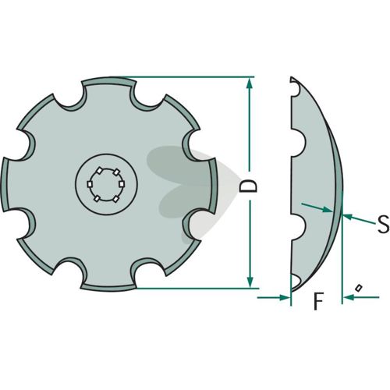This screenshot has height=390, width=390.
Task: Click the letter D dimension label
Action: [x=248, y=186]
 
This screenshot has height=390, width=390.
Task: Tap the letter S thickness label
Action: [x=383, y=224]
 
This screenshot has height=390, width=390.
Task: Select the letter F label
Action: [x=318, y=301]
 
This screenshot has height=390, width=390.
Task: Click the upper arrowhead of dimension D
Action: [x=250, y=83]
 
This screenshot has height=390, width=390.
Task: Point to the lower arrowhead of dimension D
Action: [x=250, y=282]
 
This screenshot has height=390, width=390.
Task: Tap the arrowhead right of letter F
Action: [x=349, y=297]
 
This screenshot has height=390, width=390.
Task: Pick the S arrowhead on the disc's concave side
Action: [x=328, y=210]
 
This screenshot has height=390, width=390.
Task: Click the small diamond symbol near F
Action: [x=359, y=288]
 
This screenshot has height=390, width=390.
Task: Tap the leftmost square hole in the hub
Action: [x=90, y=184]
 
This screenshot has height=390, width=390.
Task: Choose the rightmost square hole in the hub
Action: [x=122, y=184]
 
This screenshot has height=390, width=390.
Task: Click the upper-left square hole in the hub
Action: [x=99, y=171]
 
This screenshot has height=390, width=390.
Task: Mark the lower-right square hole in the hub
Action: [x=115, y=199]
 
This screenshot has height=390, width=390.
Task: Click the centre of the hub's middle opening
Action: [x=106, y=185]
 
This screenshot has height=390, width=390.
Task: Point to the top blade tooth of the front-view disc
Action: [x=109, y=81]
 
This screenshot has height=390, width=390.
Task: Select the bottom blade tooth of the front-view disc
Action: [x=108, y=287]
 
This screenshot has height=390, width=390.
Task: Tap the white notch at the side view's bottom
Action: [x=295, y=281]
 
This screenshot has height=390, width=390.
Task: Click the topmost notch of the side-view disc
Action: [x=296, y=88]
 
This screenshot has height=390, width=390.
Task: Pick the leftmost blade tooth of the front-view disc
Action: [x=5, y=185]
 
